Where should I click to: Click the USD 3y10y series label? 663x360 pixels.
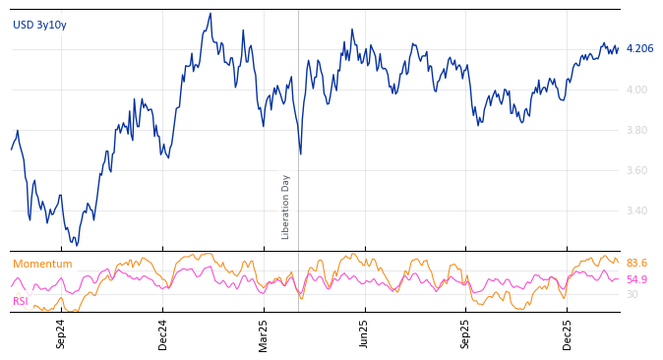39,25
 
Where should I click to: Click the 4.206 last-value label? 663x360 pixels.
639,48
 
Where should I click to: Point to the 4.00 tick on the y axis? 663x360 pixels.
637,90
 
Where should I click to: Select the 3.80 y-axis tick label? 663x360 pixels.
637,130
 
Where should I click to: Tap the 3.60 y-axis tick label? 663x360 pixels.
637,170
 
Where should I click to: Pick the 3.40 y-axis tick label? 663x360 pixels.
637,210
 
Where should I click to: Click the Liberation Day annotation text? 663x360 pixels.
286,207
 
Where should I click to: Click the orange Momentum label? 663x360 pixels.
42,264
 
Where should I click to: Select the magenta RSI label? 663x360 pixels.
21,301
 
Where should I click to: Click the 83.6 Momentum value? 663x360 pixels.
636,263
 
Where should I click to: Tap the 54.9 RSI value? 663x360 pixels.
636,279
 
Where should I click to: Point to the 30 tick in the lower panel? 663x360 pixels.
632,294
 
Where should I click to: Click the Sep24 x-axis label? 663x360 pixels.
61,333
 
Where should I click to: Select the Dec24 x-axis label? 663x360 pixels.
163,333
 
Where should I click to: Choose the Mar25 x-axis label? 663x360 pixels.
264,333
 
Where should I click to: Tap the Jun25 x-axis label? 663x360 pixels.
365,333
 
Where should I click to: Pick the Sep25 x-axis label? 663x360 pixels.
466,333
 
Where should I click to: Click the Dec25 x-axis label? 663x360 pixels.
568,333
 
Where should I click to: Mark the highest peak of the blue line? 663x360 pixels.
211,14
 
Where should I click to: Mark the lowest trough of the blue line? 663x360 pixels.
77,245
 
